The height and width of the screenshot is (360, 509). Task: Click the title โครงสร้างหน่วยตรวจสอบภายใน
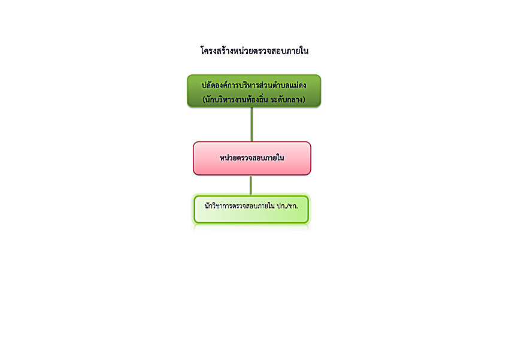point(254,51)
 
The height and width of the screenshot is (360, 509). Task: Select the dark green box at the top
point(254,91)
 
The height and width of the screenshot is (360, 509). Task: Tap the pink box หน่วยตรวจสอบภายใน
point(252,158)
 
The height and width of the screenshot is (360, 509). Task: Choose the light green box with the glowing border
point(252,210)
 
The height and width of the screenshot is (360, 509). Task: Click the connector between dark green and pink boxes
point(252,125)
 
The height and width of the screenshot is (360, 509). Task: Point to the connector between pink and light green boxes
point(250,185)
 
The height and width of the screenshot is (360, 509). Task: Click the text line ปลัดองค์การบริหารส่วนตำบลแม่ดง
point(254,85)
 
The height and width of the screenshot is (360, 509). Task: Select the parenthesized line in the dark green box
point(254,99)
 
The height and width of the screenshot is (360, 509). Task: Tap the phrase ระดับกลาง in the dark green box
point(286,99)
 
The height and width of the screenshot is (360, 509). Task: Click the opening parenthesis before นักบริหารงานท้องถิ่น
point(204,99)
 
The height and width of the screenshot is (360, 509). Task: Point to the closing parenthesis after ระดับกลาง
point(304,99)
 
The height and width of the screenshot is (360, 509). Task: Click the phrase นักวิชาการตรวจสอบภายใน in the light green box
point(240,206)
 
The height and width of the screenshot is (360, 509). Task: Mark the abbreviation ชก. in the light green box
point(293,206)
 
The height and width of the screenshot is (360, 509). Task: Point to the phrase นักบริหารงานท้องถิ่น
point(237,99)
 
